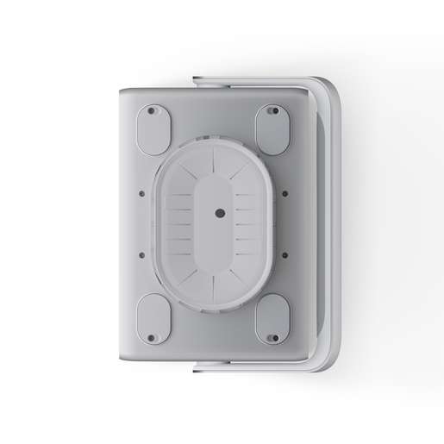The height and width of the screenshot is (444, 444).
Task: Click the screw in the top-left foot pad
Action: [153, 111]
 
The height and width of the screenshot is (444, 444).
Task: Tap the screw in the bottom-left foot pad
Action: [152, 337]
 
